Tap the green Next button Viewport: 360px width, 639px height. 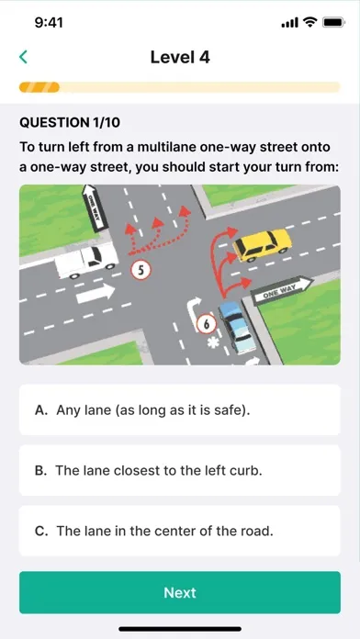pyautogui.click(x=180, y=592)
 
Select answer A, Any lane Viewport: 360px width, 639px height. pyautogui.click(x=180, y=409)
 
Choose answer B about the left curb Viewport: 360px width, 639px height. pyautogui.click(x=180, y=470)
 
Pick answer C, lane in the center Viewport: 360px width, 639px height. pyautogui.click(x=180, y=531)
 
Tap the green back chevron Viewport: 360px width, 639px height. pyautogui.click(x=23, y=57)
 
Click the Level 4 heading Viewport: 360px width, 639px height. pyautogui.click(x=180, y=57)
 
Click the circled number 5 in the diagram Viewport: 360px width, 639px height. pyautogui.click(x=141, y=270)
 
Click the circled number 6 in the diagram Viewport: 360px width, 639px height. pyautogui.click(x=207, y=324)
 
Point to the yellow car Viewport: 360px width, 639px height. pyautogui.click(x=262, y=244)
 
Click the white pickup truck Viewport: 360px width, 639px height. pyautogui.click(x=86, y=262)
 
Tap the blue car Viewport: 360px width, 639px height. pyautogui.click(x=237, y=327)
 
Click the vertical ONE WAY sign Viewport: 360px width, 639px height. pyautogui.click(x=94, y=207)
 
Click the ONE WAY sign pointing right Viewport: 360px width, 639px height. pyautogui.click(x=282, y=290)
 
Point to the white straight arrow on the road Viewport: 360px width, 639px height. pyautogui.click(x=96, y=293)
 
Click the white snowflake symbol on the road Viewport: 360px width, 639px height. pyautogui.click(x=213, y=342)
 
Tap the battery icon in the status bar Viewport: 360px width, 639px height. pyautogui.click(x=334, y=23)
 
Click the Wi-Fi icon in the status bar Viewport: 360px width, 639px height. pyautogui.click(x=310, y=23)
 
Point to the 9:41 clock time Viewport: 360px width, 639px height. pyautogui.click(x=49, y=23)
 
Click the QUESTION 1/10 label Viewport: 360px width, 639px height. pyautogui.click(x=70, y=122)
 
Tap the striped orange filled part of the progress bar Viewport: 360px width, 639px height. pyautogui.click(x=39, y=87)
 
